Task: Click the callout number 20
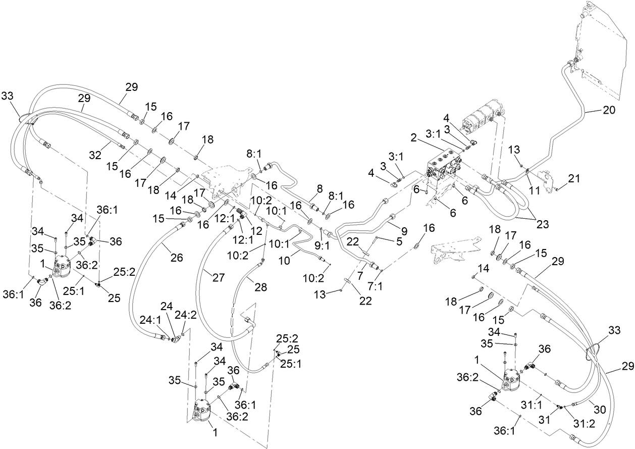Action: (x=609, y=110)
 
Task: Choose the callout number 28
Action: (x=259, y=287)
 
